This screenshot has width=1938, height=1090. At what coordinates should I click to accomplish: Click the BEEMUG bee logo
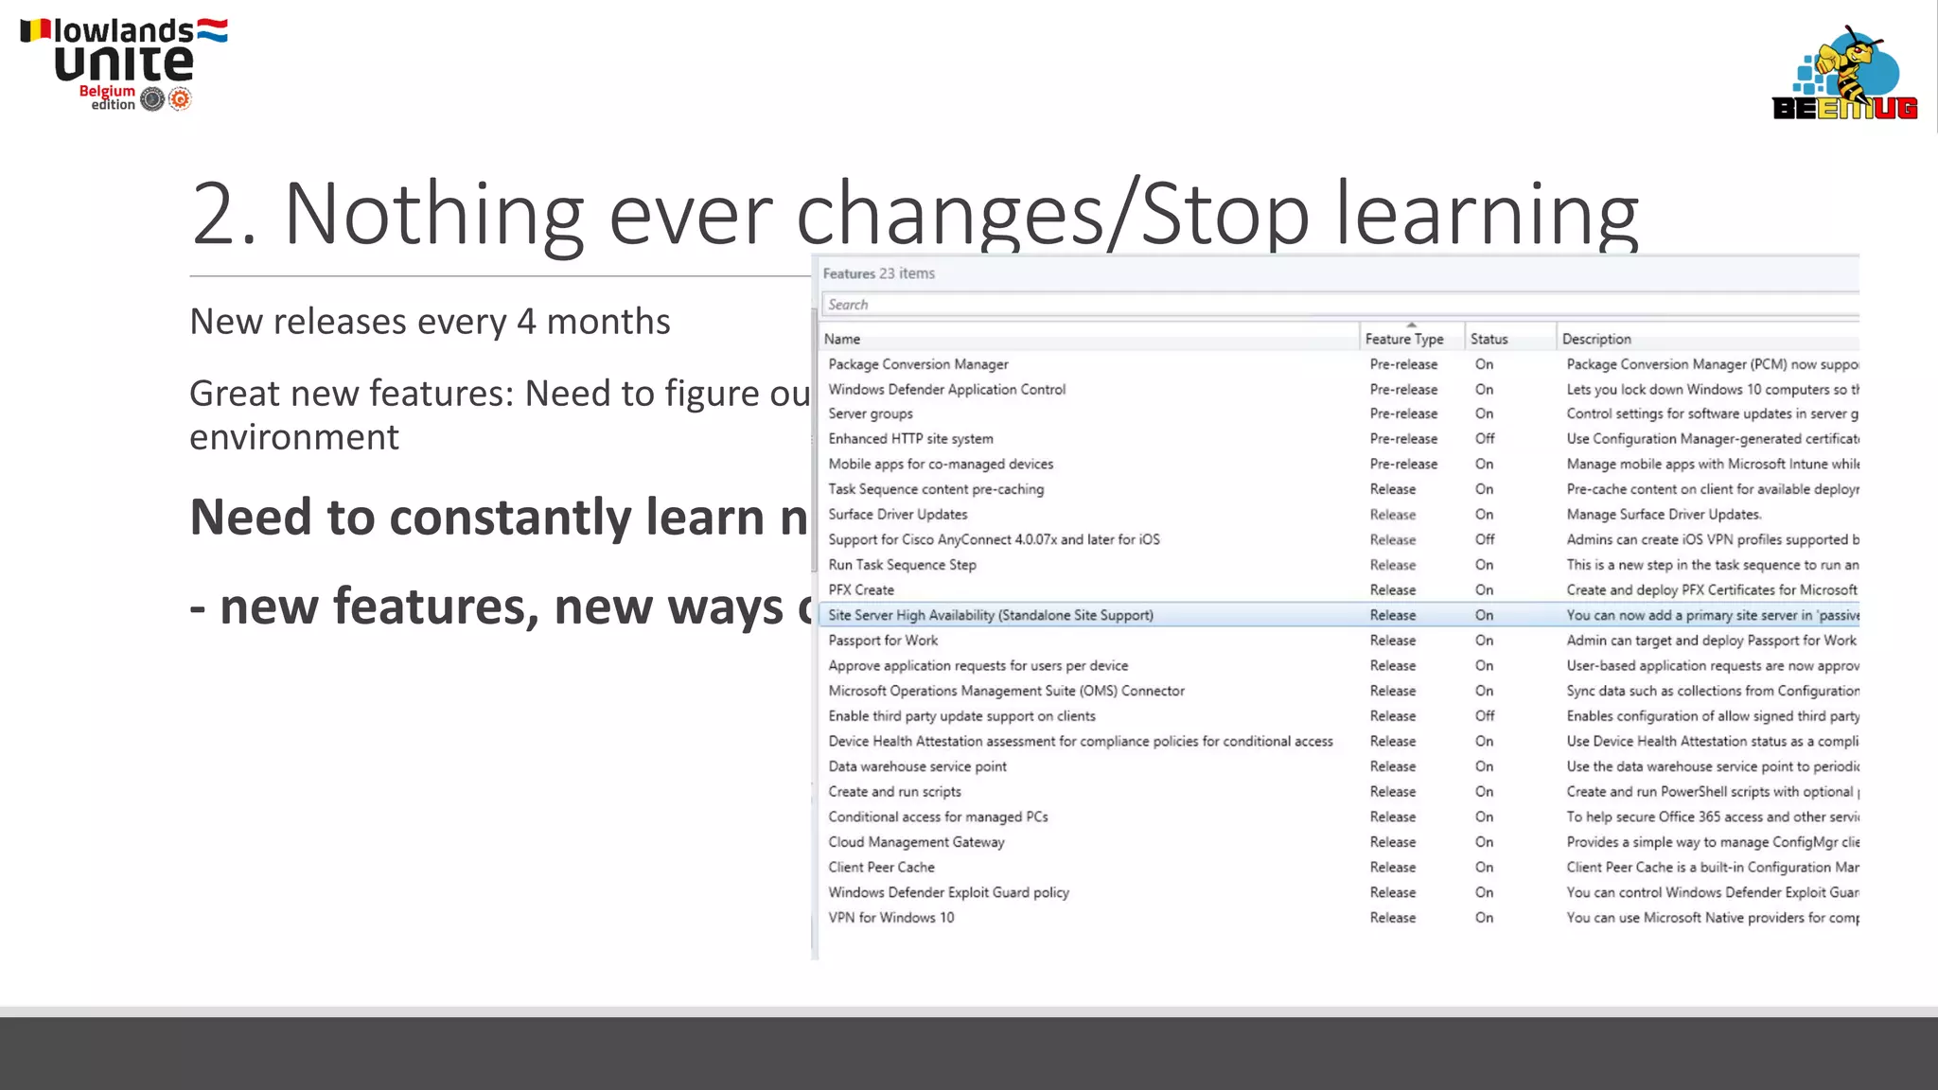1844,74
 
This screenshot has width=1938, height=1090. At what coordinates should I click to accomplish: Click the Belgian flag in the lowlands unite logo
35,30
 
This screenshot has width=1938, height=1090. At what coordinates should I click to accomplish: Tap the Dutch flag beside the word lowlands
212,30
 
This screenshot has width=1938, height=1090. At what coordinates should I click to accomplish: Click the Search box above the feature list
1325,305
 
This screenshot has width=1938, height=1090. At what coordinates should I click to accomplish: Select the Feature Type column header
1404,339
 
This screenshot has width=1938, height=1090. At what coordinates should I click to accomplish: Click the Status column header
1489,339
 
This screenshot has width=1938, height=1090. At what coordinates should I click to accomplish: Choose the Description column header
1596,339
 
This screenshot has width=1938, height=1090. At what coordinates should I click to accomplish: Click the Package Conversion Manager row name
918,364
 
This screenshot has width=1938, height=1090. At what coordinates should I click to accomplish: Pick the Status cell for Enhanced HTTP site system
1485,439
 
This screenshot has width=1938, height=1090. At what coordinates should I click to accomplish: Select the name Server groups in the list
871,413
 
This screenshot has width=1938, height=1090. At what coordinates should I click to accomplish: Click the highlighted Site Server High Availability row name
991,615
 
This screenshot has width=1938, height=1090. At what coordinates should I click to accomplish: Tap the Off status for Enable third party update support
1485,716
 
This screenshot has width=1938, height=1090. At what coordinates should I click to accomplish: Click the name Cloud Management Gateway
916,842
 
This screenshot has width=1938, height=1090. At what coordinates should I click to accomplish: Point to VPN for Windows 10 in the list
891,918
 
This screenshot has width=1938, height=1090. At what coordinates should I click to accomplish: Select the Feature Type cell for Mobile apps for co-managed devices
1403,464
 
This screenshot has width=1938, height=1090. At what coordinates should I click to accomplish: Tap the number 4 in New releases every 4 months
526,322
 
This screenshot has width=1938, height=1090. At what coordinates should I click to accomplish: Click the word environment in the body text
294,437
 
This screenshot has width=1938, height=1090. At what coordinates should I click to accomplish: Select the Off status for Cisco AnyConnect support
1485,539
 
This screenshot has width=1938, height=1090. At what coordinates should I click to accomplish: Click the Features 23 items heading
878,273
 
